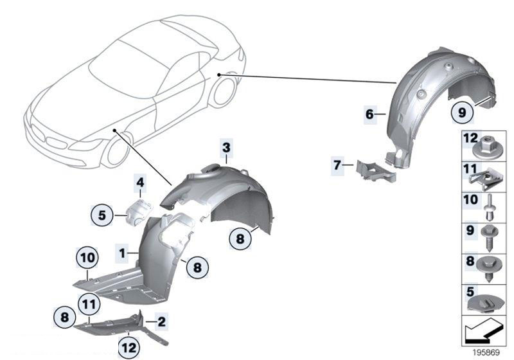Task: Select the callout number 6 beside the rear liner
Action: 369,114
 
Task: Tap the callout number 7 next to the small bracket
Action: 338,165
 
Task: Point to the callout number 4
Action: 139,183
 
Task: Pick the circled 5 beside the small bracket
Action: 102,215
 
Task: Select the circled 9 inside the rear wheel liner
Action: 461,112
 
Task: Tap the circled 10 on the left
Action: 88,259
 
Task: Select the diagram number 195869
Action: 486,353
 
